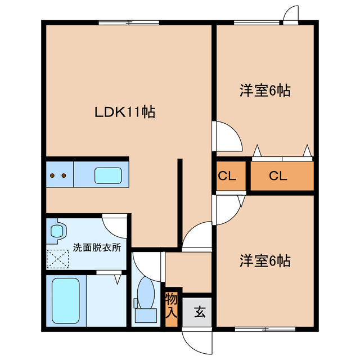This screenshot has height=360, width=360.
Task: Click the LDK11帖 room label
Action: click(x=125, y=112)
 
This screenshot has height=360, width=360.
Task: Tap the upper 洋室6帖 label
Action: click(x=265, y=91)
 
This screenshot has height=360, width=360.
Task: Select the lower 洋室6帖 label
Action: click(x=265, y=261)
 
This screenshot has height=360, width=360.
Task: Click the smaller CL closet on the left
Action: click(x=231, y=176)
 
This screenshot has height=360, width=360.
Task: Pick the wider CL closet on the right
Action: click(x=282, y=176)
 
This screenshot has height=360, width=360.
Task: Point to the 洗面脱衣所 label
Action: click(x=97, y=247)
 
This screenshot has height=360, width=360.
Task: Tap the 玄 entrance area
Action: click(x=197, y=312)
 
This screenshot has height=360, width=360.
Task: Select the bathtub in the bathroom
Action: click(x=66, y=300)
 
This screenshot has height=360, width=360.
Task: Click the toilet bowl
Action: click(x=146, y=292)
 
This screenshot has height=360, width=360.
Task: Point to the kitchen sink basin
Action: click(x=108, y=175)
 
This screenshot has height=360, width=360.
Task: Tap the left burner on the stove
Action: click(x=52, y=175)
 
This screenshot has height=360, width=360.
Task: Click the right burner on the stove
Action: click(x=64, y=175)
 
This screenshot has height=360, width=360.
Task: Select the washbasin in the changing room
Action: click(x=57, y=231)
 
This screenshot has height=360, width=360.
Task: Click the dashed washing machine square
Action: click(x=58, y=259)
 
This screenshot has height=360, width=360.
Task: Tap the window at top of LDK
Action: click(x=129, y=22)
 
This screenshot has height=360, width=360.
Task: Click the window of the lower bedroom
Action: click(x=265, y=329)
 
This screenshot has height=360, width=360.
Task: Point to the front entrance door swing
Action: click(x=197, y=341)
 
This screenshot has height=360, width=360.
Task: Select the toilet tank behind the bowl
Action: click(x=146, y=316)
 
